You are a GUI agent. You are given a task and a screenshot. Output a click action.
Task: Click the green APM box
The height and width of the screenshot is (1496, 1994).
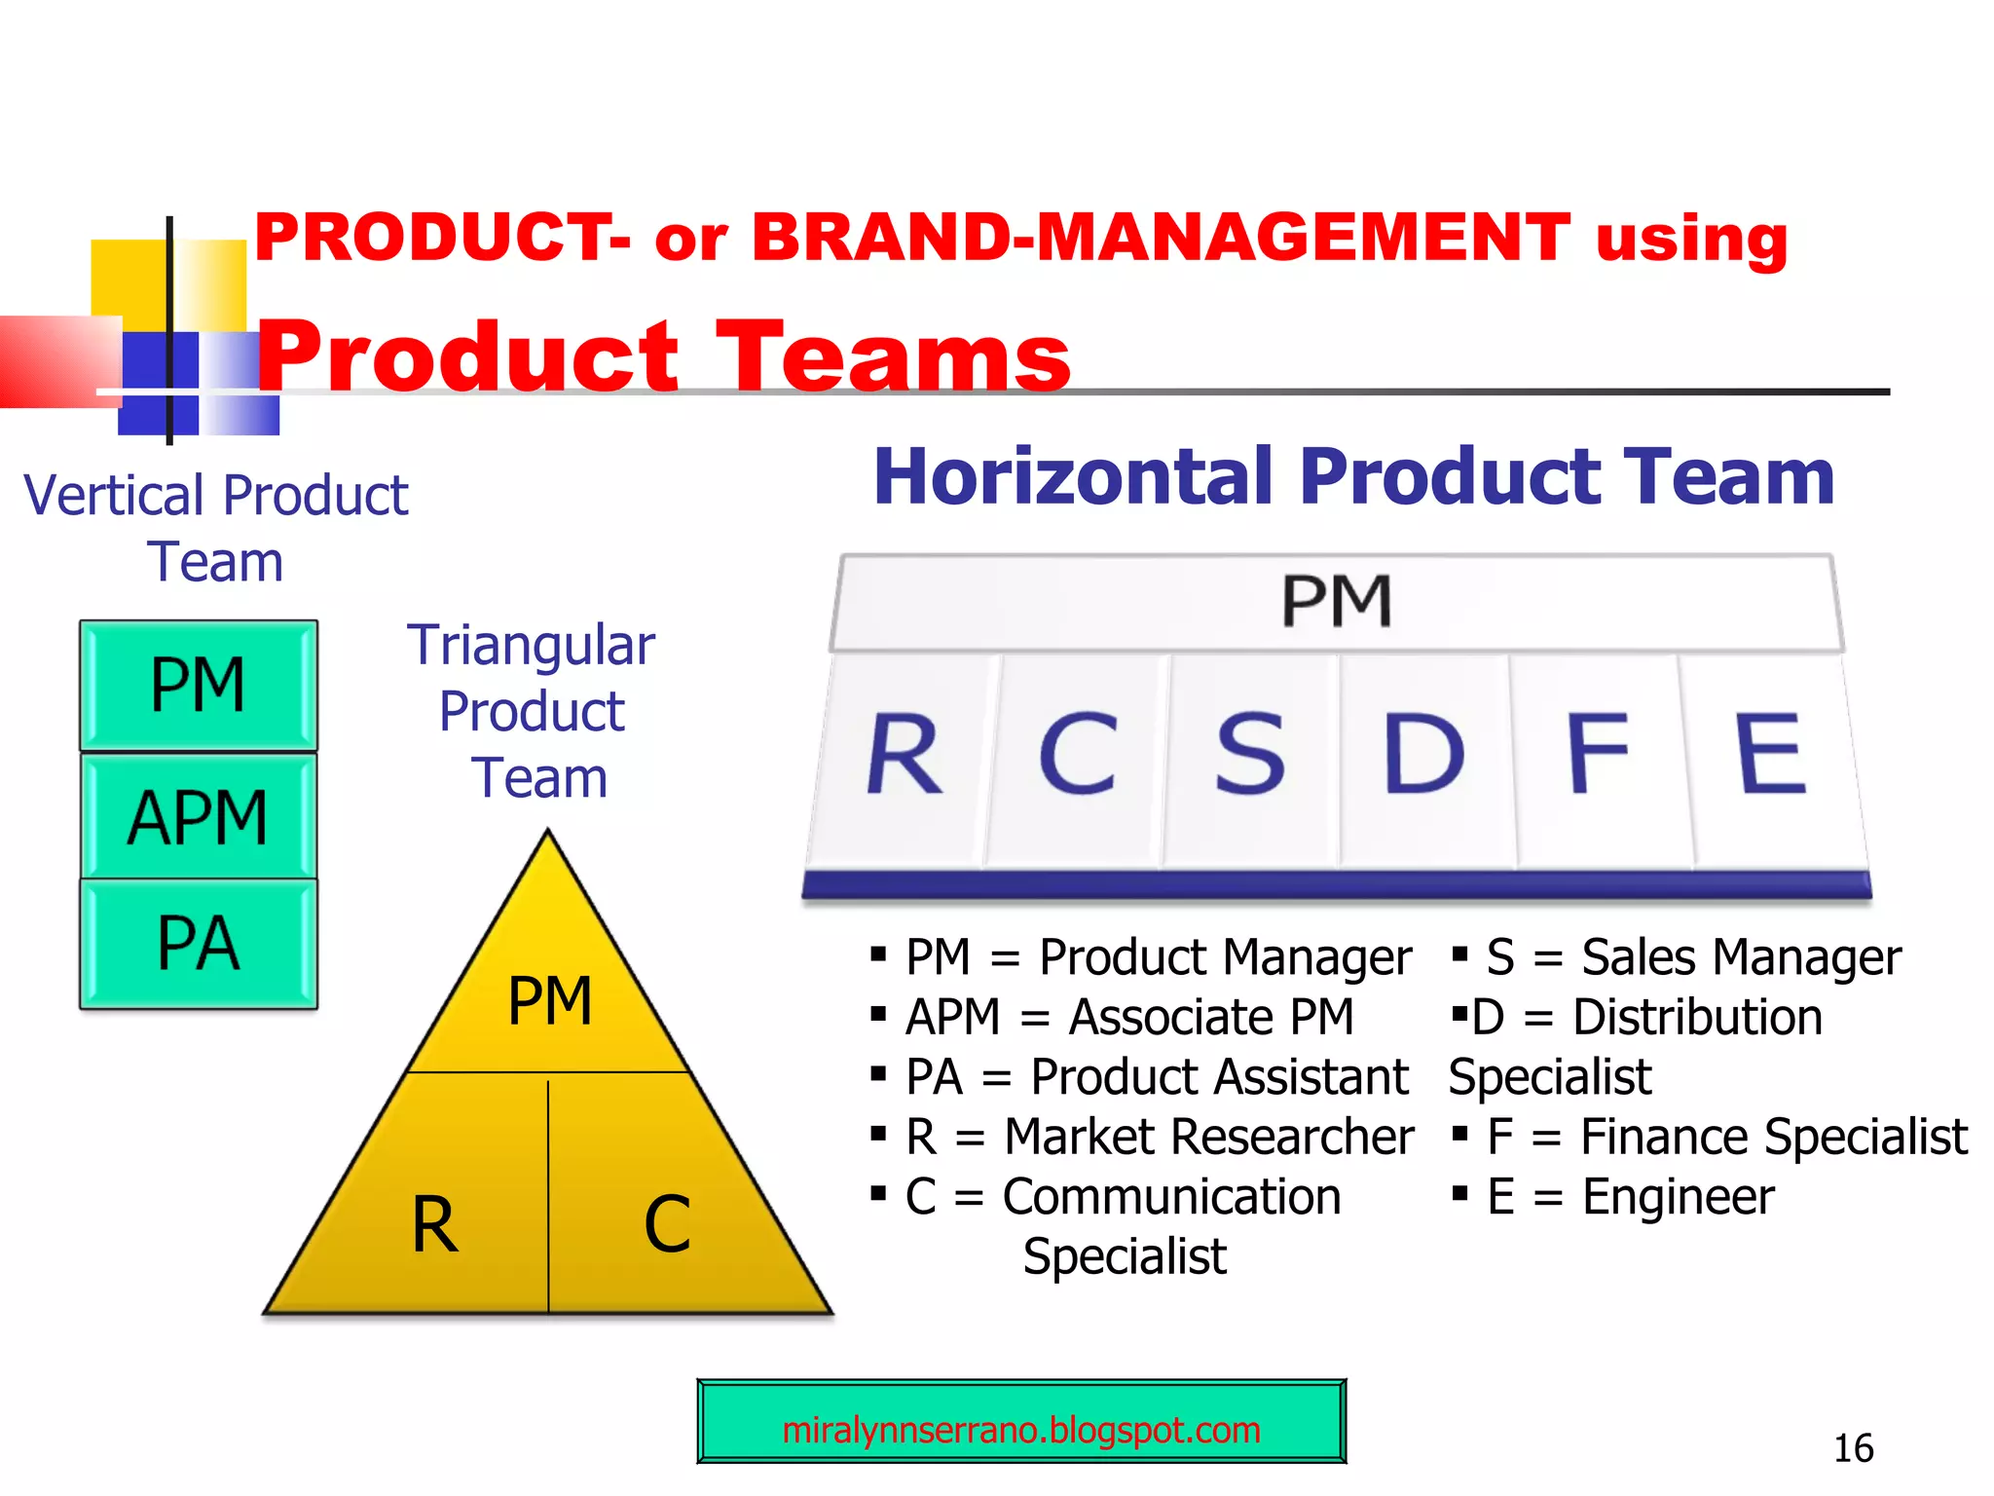199,817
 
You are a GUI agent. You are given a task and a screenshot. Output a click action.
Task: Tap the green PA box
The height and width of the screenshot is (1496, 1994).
199,943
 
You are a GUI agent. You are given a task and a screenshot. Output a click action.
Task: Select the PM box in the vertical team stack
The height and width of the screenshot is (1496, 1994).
199,685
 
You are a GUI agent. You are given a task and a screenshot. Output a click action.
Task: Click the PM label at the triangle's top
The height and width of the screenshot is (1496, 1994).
550,1000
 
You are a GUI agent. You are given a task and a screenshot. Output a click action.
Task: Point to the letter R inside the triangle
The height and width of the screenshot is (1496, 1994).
434,1224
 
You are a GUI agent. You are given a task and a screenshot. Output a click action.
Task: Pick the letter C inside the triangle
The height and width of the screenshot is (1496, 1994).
668,1224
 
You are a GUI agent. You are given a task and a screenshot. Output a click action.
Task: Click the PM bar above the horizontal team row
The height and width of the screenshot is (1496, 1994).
1337,601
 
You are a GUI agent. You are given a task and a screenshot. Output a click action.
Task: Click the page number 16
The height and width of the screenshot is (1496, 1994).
1853,1448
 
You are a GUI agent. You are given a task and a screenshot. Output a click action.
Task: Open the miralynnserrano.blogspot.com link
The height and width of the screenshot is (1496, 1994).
1021,1430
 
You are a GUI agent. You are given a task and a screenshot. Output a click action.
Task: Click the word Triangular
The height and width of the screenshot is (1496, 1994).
532,645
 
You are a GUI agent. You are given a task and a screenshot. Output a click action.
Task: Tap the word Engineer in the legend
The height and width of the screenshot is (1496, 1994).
1678,1197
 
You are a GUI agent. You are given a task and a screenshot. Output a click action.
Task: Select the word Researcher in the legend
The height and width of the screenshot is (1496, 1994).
1209,1137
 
